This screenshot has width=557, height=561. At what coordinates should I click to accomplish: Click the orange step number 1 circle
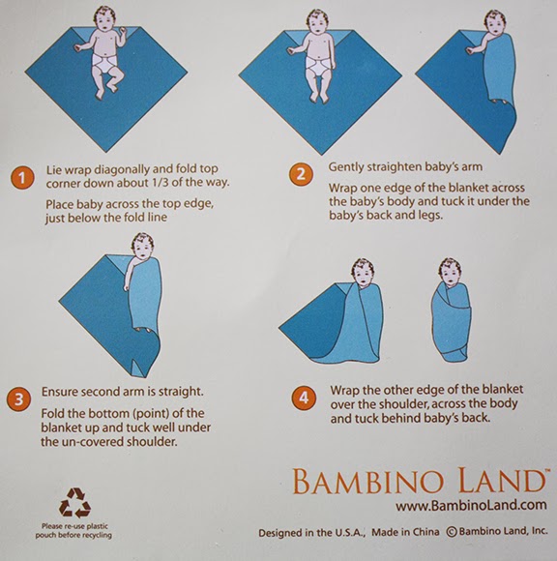[18, 177]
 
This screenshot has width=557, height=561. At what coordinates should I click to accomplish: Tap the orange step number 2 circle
[302, 175]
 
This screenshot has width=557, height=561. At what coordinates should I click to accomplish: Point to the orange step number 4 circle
[302, 396]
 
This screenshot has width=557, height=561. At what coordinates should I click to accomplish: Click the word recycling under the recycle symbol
[103, 534]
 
